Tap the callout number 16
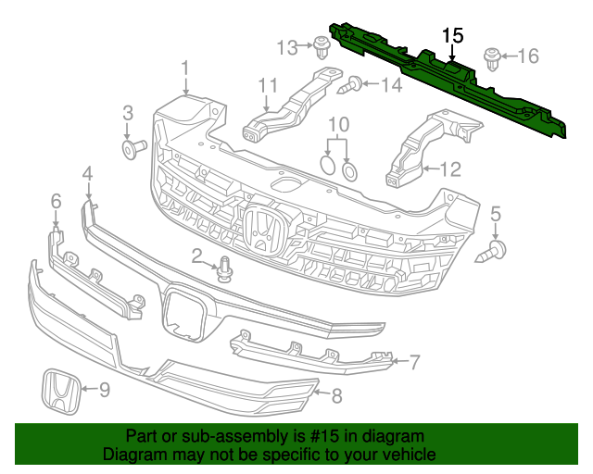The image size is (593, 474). [x=527, y=56]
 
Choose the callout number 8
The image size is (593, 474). [x=336, y=396]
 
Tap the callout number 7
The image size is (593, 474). [x=414, y=361]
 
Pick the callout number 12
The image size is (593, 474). [x=449, y=168]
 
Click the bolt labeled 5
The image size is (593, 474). [x=495, y=249]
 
